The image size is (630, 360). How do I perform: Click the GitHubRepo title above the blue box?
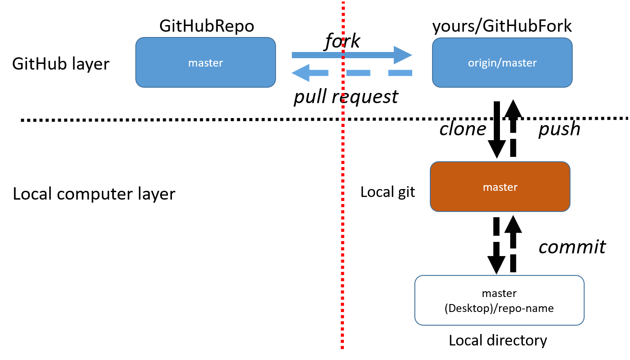point(207,26)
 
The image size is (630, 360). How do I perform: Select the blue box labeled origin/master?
point(502,63)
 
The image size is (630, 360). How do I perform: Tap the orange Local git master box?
point(500,186)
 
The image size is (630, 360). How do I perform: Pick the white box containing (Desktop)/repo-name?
point(499,300)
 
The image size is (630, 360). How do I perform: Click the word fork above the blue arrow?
point(342,41)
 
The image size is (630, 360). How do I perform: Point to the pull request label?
point(346,96)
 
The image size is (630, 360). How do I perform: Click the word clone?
point(462,129)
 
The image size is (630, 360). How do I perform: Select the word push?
point(559,130)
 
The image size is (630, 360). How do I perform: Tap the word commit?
point(572,247)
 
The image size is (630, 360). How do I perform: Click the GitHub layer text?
point(61,64)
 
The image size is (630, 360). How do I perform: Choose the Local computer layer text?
point(94,194)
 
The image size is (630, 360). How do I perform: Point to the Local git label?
point(388,193)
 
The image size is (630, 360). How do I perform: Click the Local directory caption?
point(498,341)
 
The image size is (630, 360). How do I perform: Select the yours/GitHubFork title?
point(502,26)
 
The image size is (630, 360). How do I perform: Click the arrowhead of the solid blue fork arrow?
point(403,55)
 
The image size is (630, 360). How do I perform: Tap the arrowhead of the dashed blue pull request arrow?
point(301,73)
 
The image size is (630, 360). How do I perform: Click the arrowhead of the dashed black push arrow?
point(513,108)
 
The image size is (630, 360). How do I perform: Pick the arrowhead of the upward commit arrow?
point(513,224)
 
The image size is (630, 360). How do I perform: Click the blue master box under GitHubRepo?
point(205,63)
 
